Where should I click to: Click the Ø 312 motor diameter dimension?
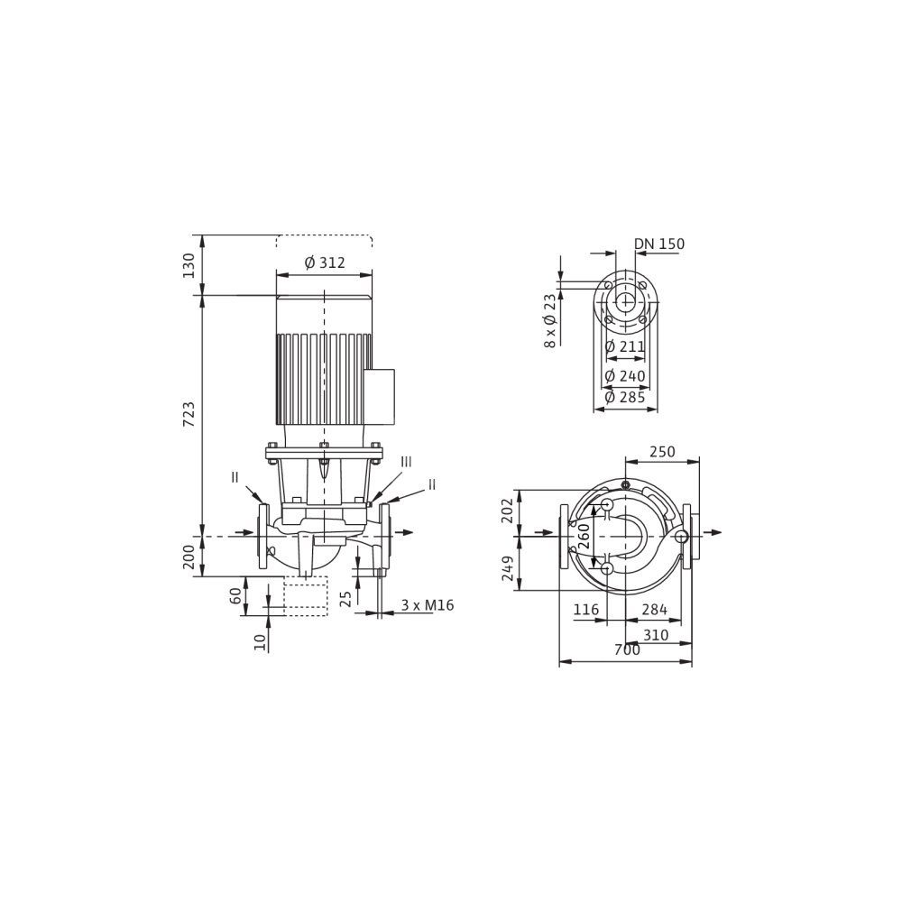(x=325, y=262)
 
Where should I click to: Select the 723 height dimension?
(x=189, y=414)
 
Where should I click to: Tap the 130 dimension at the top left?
(x=189, y=265)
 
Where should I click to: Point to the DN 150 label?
(x=659, y=244)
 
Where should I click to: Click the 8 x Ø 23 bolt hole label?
(x=550, y=321)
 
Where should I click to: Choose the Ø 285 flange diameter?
(x=625, y=396)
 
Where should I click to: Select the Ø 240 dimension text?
(x=625, y=376)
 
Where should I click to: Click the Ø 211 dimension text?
(x=625, y=346)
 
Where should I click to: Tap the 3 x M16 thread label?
(x=428, y=605)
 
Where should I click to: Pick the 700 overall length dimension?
(x=627, y=650)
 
